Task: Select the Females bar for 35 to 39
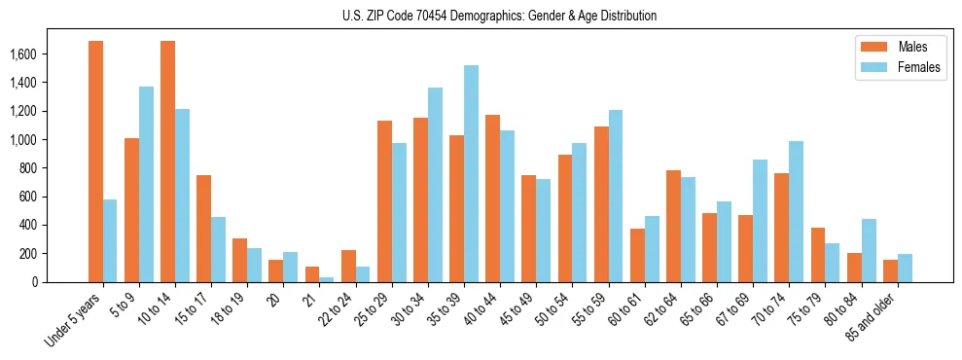pyautogui.click(x=471, y=174)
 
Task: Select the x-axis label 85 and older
pyautogui.click(x=872, y=316)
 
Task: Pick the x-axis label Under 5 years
pyautogui.click(x=73, y=320)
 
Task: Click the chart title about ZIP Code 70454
pyautogui.click(x=499, y=17)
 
